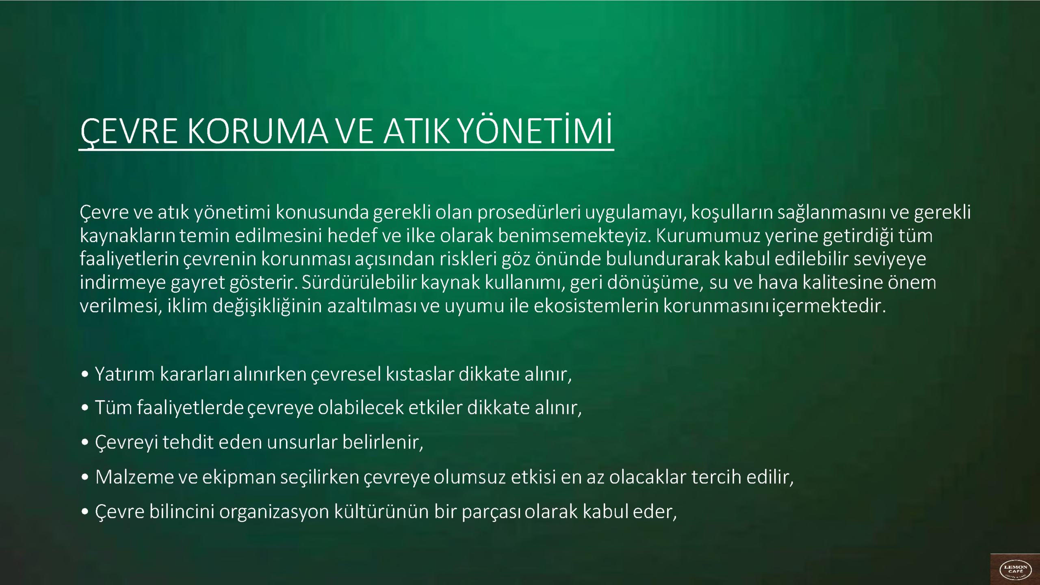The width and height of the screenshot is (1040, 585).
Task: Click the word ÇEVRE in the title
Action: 129,132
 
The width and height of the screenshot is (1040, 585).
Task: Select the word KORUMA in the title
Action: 258,132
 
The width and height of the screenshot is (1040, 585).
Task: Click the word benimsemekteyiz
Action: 575,236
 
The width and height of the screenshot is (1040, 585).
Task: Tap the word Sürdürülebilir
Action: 359,282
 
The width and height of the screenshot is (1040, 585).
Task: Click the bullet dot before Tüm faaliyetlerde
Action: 85,408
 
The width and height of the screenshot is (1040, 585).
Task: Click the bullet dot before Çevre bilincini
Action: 85,512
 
